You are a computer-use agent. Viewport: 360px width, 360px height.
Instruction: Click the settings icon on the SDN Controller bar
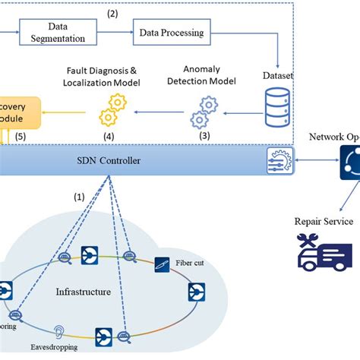[276, 159]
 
